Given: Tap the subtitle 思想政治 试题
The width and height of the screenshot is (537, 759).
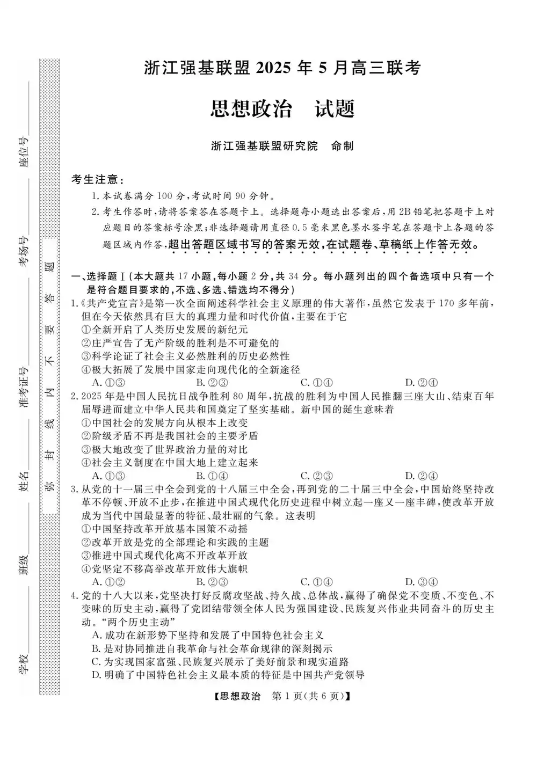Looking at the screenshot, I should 282,108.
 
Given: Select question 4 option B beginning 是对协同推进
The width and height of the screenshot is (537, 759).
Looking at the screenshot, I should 212,648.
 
